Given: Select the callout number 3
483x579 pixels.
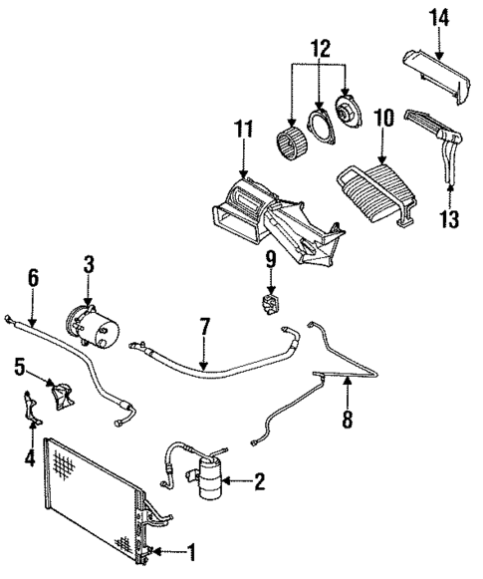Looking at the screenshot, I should click(89, 264).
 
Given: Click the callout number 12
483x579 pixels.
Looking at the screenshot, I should click(319, 47).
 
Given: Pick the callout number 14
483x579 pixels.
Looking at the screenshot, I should click(439, 16).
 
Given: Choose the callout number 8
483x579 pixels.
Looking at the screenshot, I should click(347, 421).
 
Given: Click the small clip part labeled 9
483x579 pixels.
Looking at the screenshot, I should click(269, 301).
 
